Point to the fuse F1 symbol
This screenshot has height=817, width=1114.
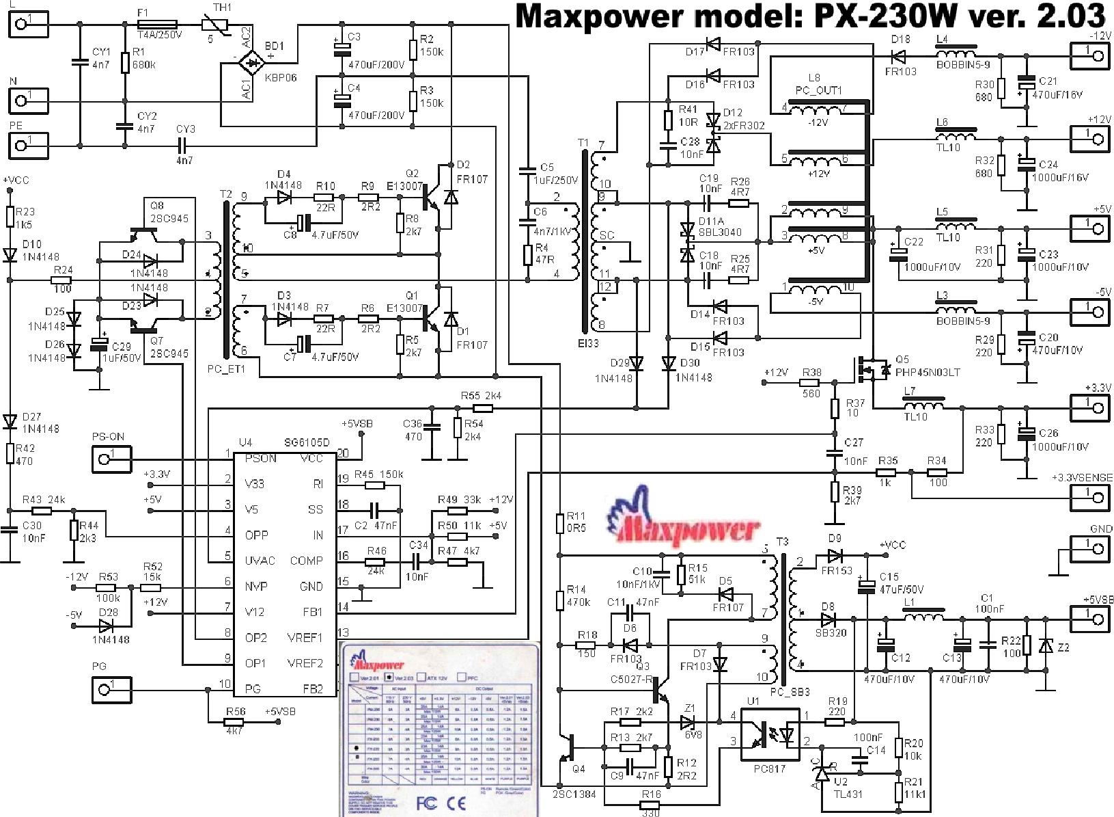click(158, 25)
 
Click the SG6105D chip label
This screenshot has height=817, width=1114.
click(307, 443)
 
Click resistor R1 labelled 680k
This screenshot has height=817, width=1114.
click(125, 63)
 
